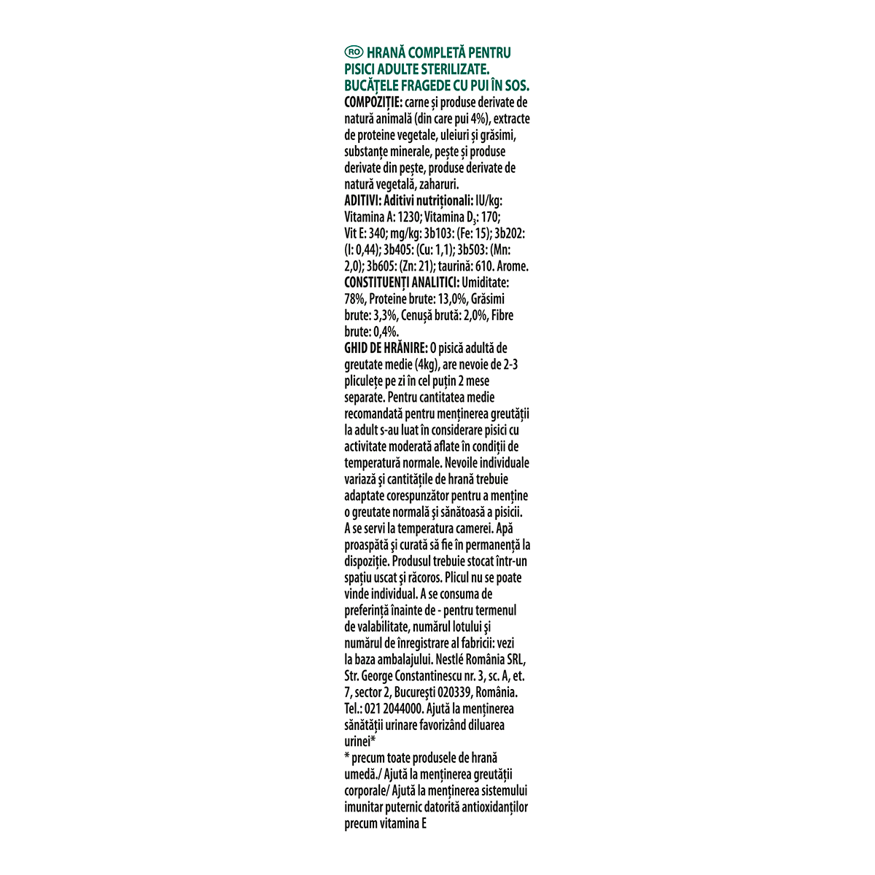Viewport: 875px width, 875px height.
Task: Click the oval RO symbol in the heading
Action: [x=354, y=52]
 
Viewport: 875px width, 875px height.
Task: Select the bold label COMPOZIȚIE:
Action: [x=372, y=102]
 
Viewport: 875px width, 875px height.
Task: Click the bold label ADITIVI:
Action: [x=362, y=201]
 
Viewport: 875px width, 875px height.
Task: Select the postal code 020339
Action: [x=456, y=693]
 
